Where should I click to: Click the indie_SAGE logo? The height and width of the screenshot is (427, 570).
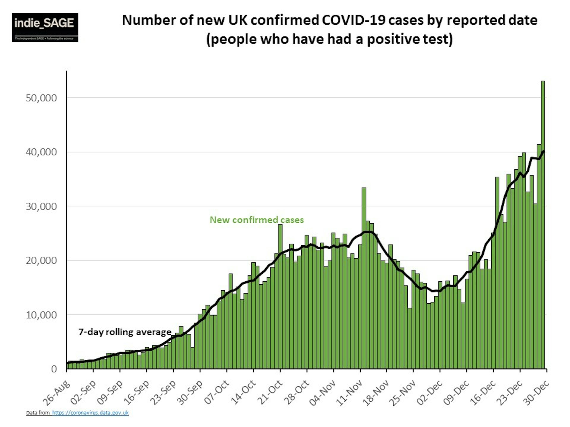45,27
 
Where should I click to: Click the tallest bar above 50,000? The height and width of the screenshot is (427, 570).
543,208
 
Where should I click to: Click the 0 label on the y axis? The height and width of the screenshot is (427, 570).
54,369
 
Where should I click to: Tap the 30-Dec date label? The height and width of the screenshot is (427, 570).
536,392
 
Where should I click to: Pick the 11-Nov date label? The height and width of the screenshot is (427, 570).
349,392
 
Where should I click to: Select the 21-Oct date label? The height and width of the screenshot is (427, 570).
270,392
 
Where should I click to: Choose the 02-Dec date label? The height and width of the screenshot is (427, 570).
430,392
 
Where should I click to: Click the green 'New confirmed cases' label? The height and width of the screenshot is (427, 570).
257,220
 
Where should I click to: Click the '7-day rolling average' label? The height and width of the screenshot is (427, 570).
125,332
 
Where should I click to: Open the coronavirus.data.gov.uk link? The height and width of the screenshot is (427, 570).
90,412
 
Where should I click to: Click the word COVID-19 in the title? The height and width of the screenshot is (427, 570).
353,20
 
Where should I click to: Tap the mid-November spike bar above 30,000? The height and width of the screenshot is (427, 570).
364,267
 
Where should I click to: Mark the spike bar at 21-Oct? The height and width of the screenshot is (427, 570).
280,297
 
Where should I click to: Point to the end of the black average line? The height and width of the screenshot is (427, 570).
543,151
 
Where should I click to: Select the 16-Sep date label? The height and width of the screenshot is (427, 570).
137,392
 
